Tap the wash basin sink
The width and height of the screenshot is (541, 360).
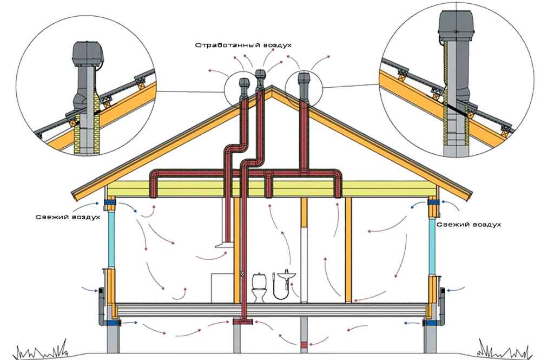(x=286, y=275)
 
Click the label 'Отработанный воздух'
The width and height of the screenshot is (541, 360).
(x=243, y=45)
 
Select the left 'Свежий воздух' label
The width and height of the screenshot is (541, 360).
(x=68, y=217)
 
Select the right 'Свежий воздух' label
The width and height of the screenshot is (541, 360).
(x=469, y=224)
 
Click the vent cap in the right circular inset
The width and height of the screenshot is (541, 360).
(x=455, y=25)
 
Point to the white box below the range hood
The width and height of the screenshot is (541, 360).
(x=222, y=288)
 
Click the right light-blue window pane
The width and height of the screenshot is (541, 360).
(x=432, y=246)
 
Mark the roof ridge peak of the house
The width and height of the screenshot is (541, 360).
(x=272, y=86)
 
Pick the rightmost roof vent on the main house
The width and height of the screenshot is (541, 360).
(x=304, y=85)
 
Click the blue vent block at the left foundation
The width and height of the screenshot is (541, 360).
(x=113, y=323)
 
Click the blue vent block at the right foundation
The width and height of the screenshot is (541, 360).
(x=430, y=323)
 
